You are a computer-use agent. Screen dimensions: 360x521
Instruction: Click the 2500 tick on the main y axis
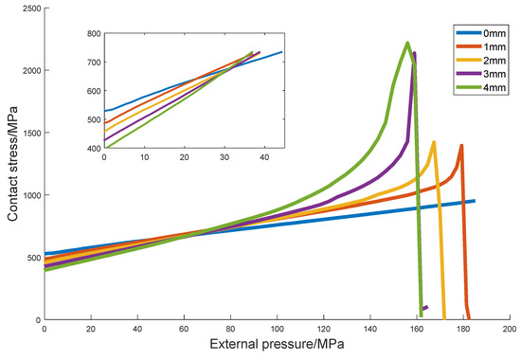click(28, 9)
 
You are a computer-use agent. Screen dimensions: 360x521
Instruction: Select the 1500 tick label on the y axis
click(28, 134)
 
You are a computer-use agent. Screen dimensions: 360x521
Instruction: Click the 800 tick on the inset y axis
click(93, 33)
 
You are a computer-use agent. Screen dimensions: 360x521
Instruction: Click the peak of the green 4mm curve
click(407, 43)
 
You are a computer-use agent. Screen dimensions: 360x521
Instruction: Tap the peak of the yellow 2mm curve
click(434, 142)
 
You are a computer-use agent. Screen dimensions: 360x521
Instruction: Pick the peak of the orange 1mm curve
click(461, 146)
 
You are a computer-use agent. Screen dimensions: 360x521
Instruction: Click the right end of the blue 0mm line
click(474, 201)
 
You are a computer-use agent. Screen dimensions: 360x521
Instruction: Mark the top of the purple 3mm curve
click(415, 53)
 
